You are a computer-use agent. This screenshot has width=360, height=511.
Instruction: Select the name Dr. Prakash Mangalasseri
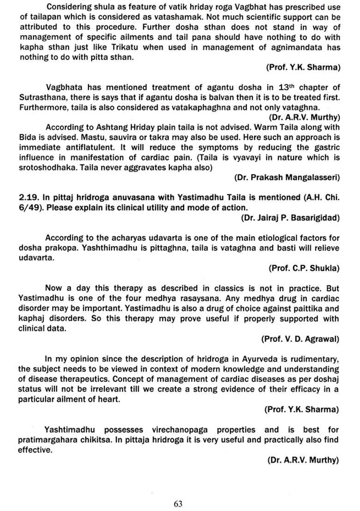287,177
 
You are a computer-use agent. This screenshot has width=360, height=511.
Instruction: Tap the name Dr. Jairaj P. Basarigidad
290,217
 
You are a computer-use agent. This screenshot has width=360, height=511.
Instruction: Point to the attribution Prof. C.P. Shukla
304,268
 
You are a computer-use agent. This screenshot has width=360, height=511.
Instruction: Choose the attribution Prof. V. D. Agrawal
300,339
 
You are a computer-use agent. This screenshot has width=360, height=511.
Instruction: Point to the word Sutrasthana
42,97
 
